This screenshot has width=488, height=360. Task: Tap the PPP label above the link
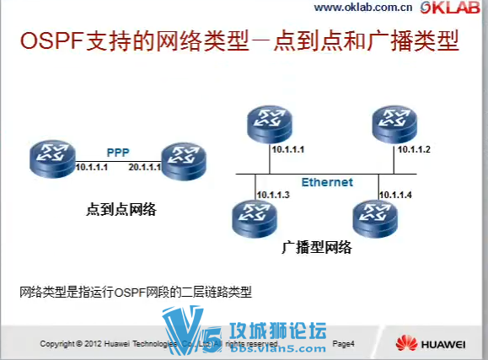point(117,153)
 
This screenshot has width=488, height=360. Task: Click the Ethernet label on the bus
point(327,182)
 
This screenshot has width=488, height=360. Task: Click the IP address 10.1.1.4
point(395,195)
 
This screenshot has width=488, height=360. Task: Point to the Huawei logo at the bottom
point(432,343)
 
